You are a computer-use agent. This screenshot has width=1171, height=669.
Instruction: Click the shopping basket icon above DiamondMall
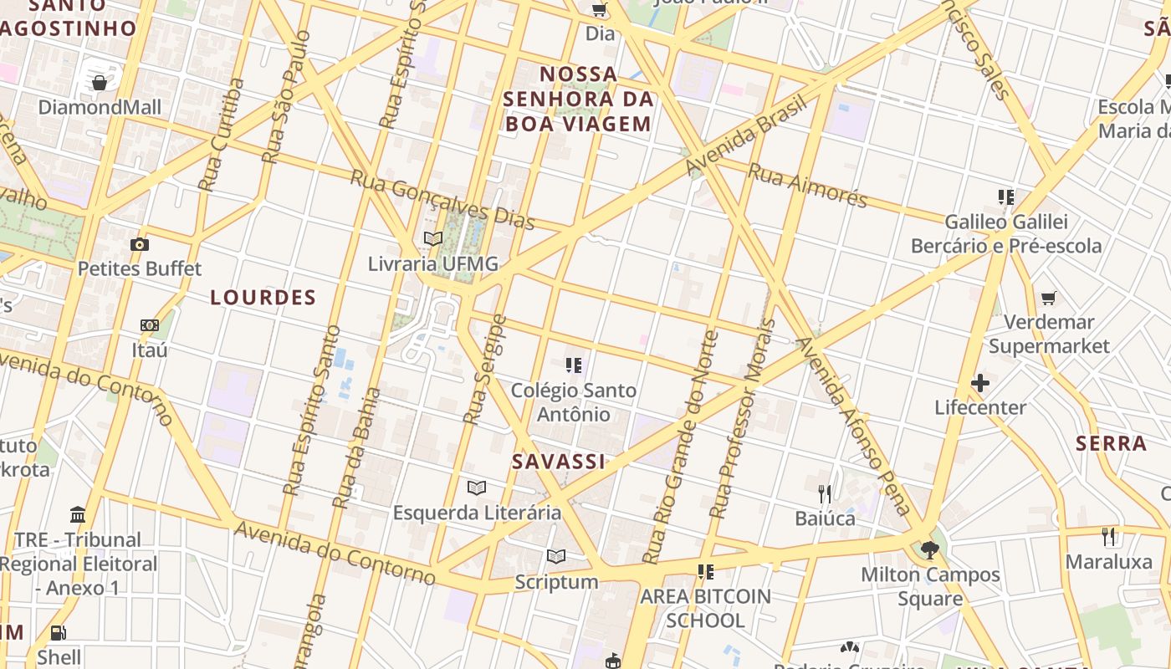point(100,82)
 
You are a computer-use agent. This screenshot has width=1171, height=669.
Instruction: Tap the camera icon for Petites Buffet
point(140,244)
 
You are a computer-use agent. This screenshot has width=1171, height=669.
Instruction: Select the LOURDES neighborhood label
point(263,298)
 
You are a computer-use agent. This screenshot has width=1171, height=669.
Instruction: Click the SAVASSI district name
point(558,462)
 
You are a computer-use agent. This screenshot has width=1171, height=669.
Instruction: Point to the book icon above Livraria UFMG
point(432,238)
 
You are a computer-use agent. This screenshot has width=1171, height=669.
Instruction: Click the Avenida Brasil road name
point(746,135)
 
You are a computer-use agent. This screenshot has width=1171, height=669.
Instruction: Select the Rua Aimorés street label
point(807,185)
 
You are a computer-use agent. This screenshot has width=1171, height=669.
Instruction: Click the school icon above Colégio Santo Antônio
point(573,365)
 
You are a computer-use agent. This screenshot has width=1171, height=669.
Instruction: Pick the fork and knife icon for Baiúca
point(825,493)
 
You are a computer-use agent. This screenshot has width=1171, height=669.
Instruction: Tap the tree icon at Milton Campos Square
point(929,549)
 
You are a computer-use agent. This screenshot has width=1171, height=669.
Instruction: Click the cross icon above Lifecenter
point(980,383)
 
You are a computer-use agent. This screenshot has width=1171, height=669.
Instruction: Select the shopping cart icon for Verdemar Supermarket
point(1048,298)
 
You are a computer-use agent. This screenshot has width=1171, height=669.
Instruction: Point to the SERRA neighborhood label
point(1111,443)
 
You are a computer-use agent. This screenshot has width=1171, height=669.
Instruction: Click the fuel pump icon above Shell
point(58,633)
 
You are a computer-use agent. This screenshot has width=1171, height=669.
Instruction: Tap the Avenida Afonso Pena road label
point(852,426)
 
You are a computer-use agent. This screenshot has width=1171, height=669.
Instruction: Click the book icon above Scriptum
point(556,556)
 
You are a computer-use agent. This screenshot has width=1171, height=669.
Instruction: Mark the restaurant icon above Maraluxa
point(1108,536)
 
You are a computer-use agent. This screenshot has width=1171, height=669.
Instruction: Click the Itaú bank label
point(150,349)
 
